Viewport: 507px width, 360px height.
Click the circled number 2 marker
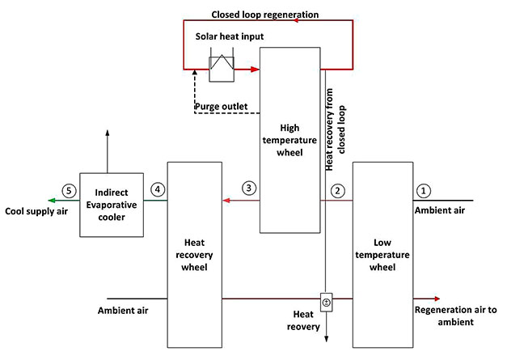coord(339,191)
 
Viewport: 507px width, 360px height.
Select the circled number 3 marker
coord(250,188)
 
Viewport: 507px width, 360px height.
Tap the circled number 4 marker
coord(158,191)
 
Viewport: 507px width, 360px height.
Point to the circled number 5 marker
coord(70,191)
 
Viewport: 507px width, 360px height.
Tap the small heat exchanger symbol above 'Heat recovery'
coord(327,303)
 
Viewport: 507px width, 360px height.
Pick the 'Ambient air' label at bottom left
coord(122,311)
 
